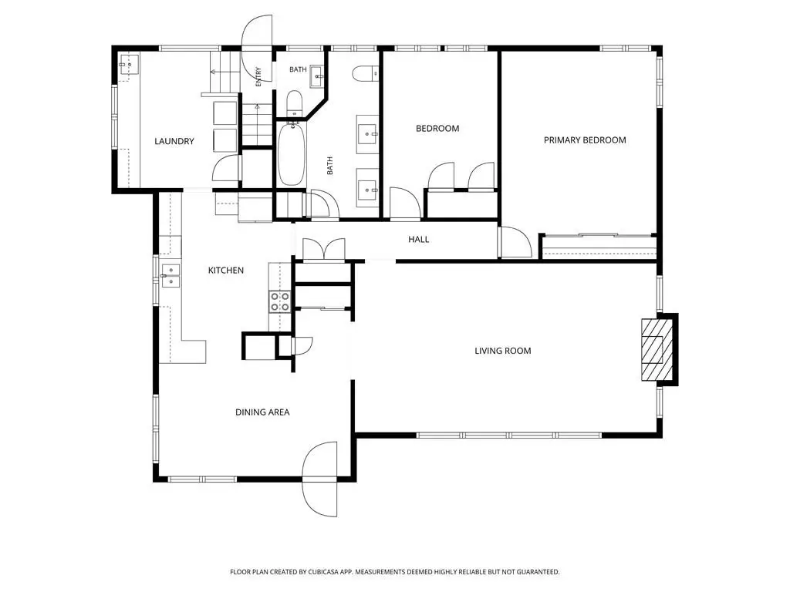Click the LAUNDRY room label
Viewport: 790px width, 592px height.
[174, 142]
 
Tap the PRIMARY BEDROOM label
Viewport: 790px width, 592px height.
[585, 140]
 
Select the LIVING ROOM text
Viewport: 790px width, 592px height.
[503, 351]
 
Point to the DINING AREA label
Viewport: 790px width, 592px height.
[262, 412]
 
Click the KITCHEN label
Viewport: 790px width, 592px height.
[226, 271]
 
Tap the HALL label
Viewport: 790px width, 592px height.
[419, 240]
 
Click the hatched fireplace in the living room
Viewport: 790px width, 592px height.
[657, 349]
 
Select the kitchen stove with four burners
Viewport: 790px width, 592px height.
[279, 301]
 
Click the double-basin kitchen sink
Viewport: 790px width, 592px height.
[170, 276]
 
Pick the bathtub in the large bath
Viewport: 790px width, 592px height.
[291, 154]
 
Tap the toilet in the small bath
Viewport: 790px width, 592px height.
[294, 103]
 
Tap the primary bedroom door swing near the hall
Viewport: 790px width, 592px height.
[515, 243]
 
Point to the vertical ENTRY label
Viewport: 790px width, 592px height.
[258, 76]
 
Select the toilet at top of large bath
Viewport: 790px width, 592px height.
[365, 74]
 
